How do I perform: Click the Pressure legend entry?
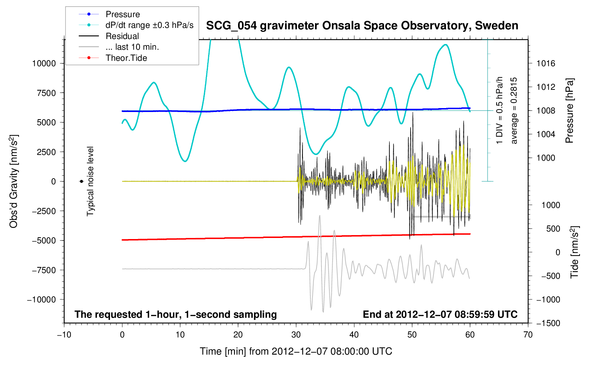point(122,14)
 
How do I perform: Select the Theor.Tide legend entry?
point(126,58)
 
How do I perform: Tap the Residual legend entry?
point(122,36)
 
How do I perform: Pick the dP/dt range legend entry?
point(149,25)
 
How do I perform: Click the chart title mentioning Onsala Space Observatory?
point(362,26)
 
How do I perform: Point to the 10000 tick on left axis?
point(44,63)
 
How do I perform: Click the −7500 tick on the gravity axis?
point(44,270)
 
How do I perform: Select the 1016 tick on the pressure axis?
point(546,64)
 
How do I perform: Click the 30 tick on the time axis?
point(296,335)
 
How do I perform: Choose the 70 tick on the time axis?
point(528,335)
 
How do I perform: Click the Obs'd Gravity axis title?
point(14,181)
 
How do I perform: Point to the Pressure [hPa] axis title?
point(570,111)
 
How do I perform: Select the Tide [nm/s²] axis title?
point(575,252)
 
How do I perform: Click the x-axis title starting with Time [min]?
point(296,351)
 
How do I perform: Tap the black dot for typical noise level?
point(81,181)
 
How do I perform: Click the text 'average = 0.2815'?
point(514,111)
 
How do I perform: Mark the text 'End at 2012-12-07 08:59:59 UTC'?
point(440,315)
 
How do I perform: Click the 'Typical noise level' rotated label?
point(90,181)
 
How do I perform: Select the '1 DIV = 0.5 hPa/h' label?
point(499,110)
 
